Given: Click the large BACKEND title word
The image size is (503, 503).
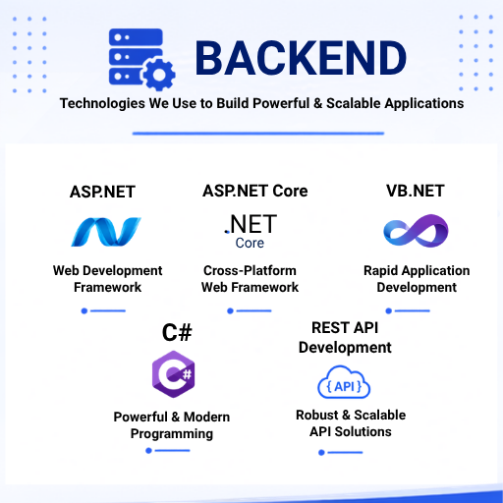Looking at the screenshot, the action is pos(301,58).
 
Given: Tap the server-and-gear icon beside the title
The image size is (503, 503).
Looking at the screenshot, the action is pos(142,60).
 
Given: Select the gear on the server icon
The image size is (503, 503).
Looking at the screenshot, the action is pos(159,75).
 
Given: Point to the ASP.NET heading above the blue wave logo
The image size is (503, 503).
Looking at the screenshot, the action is pos(102,192).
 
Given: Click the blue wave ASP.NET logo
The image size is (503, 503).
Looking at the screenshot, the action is pos(106,232).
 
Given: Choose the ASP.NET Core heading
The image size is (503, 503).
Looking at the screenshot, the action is pos(255,191).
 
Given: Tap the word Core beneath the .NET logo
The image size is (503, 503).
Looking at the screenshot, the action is pos(250,243).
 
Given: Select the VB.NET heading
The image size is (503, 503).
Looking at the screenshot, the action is pos(416,191).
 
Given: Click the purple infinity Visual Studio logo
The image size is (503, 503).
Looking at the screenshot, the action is pos(416,231).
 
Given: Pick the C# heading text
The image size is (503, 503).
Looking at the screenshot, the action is pos(177,333).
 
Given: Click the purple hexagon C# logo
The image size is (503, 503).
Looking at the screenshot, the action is pos(174,374).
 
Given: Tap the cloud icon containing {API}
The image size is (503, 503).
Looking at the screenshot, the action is pos(344,382).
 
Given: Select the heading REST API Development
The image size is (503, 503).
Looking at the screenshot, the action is pos(345,338).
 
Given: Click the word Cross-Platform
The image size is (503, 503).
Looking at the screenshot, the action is pos(250,271).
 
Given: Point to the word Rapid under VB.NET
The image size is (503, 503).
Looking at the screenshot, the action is pos(381,271).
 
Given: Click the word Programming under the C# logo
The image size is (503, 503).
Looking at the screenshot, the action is pos(172,434).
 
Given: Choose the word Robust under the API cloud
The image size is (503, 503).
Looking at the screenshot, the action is pos(317,415).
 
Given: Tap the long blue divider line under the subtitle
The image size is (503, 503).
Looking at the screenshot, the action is pos(258,134).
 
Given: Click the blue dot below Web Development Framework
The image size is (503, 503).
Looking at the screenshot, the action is pos(84,310).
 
